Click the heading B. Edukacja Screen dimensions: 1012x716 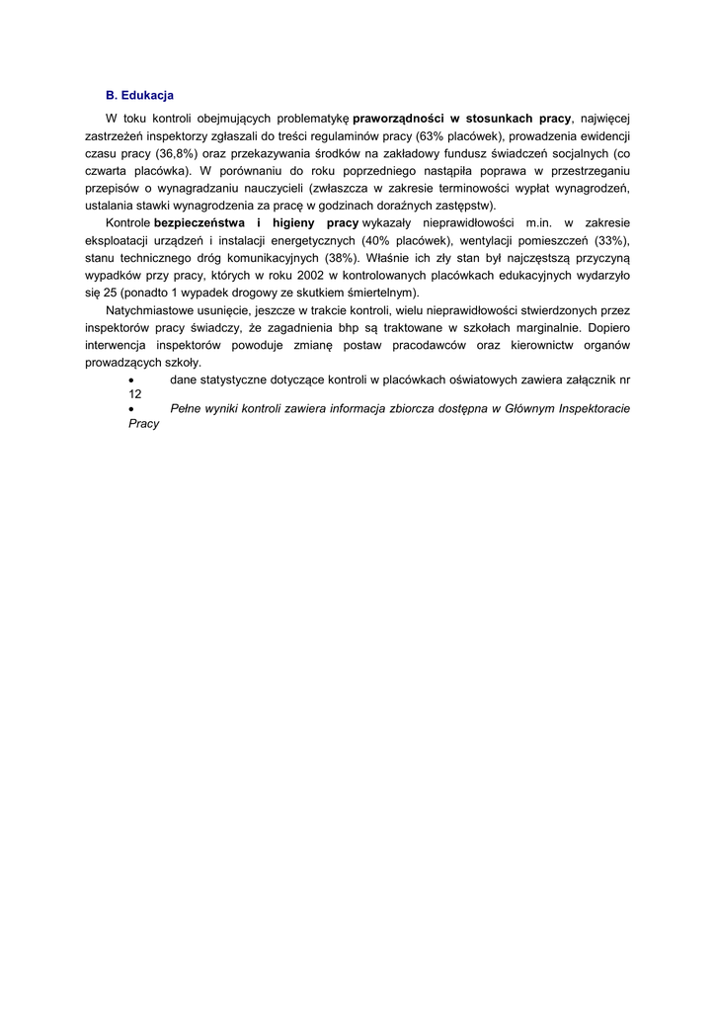(x=139, y=96)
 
